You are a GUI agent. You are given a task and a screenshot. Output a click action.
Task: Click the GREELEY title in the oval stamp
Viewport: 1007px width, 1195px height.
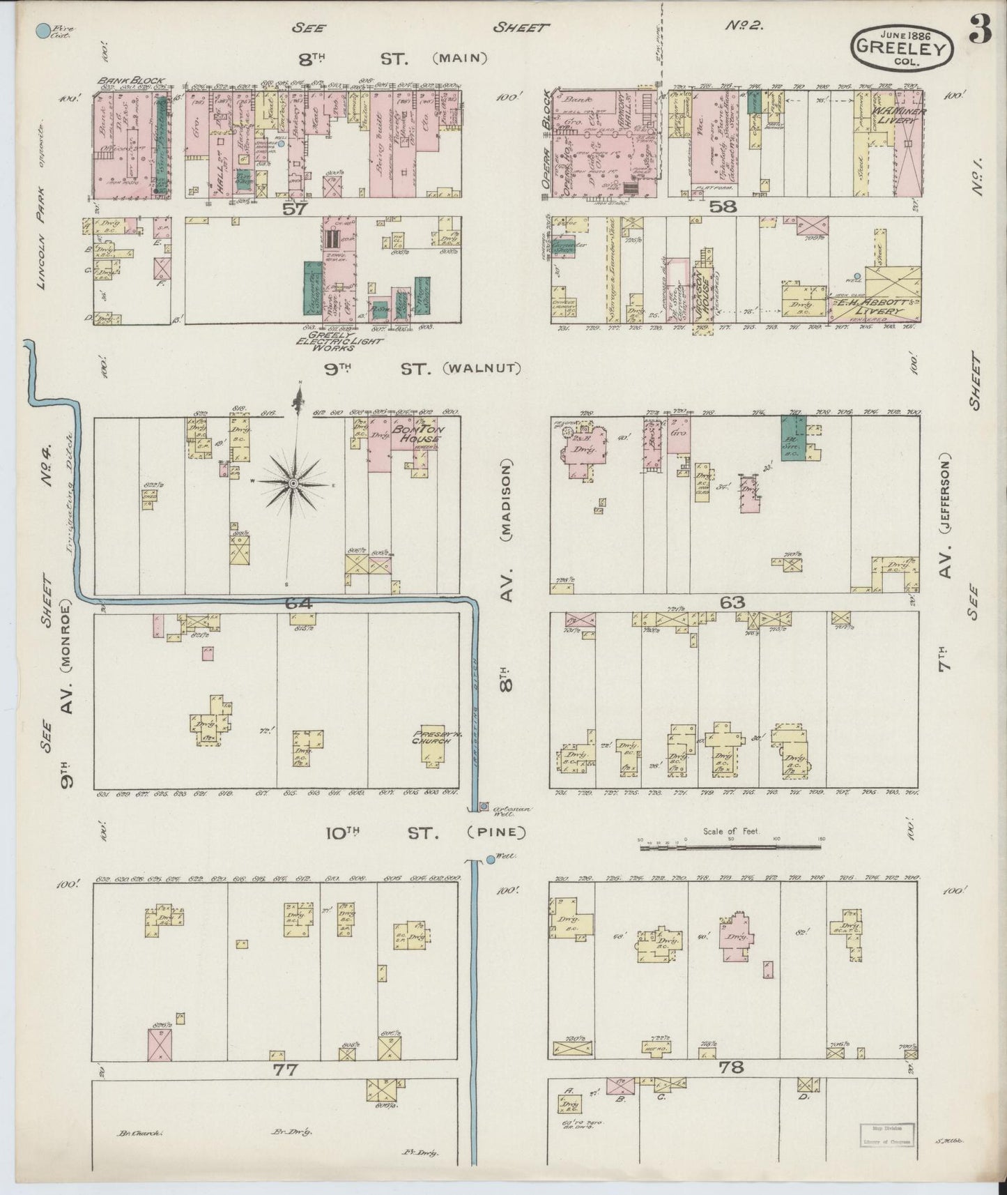pos(901,49)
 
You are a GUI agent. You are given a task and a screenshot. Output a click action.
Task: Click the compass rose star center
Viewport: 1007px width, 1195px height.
pos(293,483)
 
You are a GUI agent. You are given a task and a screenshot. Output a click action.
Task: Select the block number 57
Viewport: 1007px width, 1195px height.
pos(295,208)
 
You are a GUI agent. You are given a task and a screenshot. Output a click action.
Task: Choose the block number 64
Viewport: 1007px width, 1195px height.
pos(298,603)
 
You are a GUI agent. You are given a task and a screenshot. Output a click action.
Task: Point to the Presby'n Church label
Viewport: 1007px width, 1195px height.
pos(432,737)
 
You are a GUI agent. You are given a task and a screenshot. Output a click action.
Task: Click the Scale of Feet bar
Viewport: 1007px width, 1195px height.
pos(730,846)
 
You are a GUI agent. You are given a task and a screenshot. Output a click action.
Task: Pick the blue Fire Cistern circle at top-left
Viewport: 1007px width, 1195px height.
pos(43,31)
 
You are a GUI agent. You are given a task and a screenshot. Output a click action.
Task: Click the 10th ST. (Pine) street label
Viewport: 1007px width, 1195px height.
pos(425,832)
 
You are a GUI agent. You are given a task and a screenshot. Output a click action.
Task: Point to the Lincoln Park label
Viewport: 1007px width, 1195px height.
pos(43,237)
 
